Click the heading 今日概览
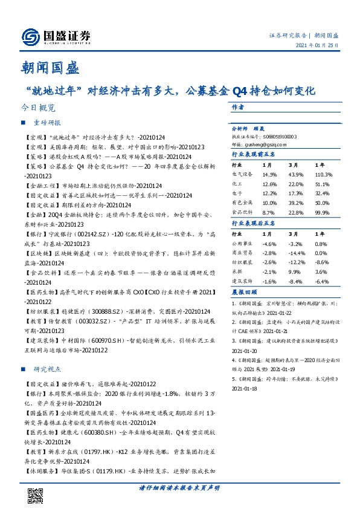click(x=38, y=108)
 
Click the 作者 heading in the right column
click(x=237, y=106)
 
